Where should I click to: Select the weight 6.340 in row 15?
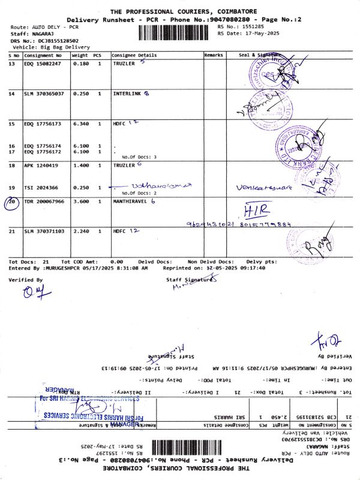coord(80,124)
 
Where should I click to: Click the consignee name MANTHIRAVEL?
coord(131,202)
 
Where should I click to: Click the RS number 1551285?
coord(253,27)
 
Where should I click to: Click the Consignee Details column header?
coord(134,55)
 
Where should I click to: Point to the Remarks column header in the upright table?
coord(213,55)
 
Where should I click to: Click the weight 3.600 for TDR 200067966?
coord(80,202)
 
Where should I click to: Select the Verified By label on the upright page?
coord(26,280)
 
